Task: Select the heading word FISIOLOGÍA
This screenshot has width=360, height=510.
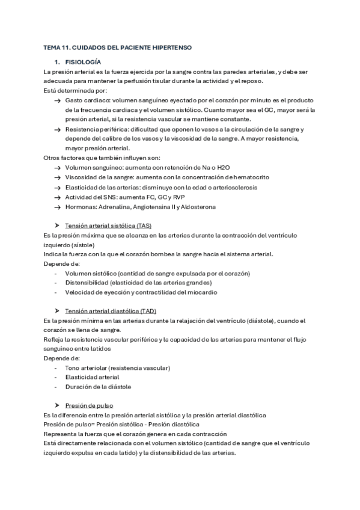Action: click(x=83, y=62)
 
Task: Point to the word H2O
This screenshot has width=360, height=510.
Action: click(x=224, y=167)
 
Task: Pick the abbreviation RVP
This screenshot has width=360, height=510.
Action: click(x=178, y=197)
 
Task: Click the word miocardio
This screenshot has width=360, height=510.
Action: click(x=203, y=292)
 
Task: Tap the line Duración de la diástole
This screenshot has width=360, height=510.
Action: click(x=98, y=387)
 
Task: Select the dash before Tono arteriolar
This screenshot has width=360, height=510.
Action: click(x=56, y=367)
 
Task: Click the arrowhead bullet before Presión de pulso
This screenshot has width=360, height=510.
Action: click(x=56, y=405)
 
